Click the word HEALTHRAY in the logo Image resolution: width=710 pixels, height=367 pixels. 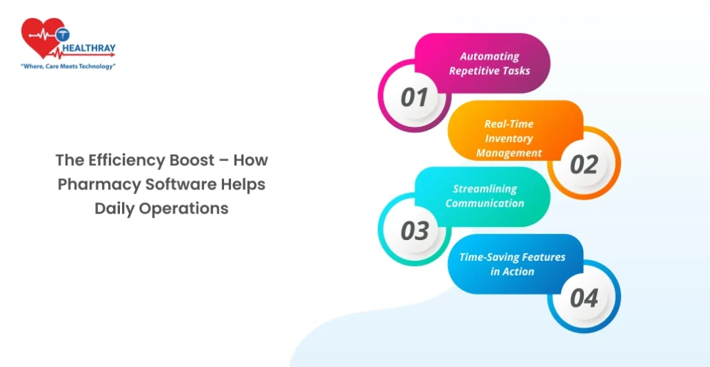[x=89, y=49]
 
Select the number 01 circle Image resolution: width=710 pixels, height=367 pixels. [x=415, y=97]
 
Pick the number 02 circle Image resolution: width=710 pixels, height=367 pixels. [x=584, y=164]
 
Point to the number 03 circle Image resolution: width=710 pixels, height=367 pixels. [x=415, y=230]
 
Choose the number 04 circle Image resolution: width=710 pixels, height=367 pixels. [x=584, y=298]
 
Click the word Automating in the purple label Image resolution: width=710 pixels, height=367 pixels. [x=490, y=56]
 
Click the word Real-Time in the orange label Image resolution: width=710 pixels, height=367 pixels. [x=509, y=123]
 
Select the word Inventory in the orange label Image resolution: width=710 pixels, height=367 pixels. [x=509, y=138]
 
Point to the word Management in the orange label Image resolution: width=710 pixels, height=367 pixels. [x=509, y=153]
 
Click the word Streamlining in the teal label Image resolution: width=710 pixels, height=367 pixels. [x=485, y=189]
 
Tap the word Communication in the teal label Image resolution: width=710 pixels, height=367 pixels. [x=485, y=203]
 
